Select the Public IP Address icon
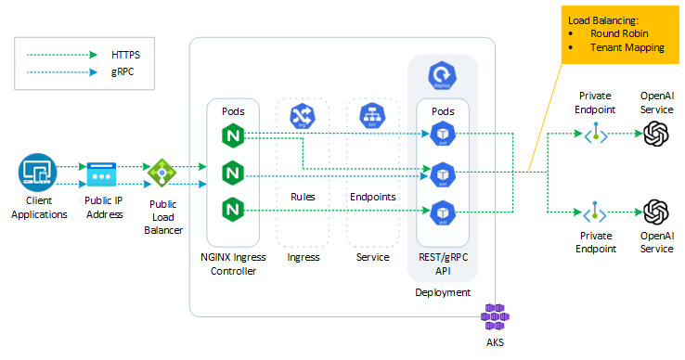pos(100,174)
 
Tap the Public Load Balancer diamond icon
pos(162,172)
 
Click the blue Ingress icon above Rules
pos(303,115)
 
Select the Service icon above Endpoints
pos(372,115)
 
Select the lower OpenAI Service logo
pos(657,211)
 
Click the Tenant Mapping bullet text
pos(627,47)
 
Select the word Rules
pos(303,197)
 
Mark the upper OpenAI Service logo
pos(657,135)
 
